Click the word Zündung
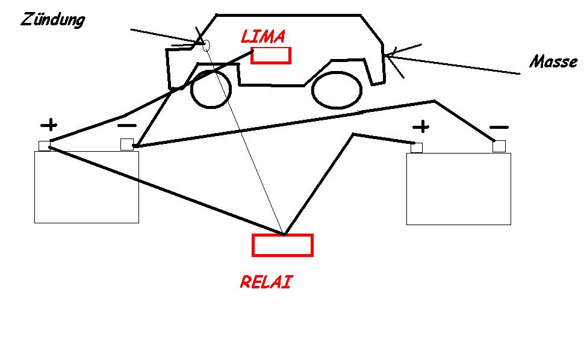coord(53,19)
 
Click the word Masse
coord(553,62)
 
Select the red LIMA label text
coord(262,37)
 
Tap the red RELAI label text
coord(266,282)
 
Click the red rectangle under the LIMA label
coord(271,55)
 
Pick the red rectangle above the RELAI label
coord(282,245)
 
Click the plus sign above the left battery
coord(49,125)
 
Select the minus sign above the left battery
coord(126,125)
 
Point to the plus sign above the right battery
coord(422,127)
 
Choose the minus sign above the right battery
coord(499,127)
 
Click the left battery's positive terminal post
coord(44,146)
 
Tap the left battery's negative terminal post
coord(126,144)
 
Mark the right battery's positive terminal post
coord(417,147)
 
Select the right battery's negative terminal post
coord(498,146)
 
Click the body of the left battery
coord(87,187)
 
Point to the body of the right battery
coord(459,188)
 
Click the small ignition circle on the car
coord(206,45)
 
